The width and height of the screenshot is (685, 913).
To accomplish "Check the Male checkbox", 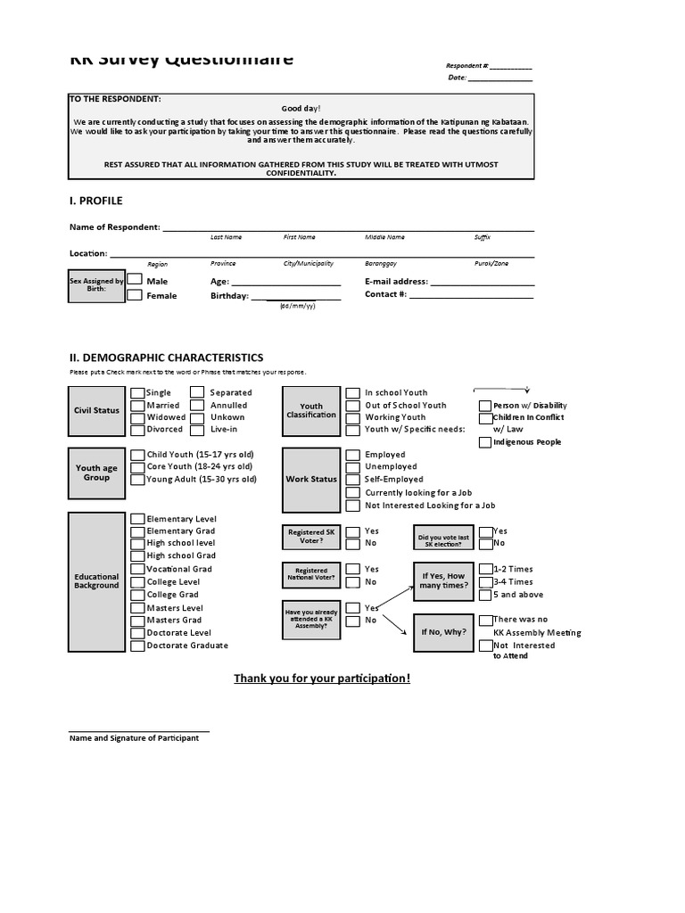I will pos(134,280).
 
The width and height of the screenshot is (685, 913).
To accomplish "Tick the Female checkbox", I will pos(134,295).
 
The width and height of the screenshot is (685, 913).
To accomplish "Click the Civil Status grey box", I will pos(96,410).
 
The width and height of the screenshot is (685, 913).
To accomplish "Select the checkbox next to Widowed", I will pos(137,416).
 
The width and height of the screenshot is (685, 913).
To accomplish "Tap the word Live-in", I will pos(224,430).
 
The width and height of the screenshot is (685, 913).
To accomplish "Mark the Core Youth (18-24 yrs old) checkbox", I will pos(137,466).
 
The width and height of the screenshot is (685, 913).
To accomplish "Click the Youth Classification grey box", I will pos(311,410).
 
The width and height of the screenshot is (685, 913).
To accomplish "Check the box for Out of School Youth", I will pos(354,405).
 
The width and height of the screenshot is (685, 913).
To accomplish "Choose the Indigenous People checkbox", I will pos(485,442).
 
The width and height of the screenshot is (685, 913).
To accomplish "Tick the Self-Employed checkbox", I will pos(354,479).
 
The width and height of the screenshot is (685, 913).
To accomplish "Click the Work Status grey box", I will pos(311,479).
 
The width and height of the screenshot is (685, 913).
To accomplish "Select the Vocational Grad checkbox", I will pos(137,569).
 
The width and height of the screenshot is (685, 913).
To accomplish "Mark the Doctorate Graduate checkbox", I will pos(137,645).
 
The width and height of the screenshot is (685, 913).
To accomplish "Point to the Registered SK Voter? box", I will pos(311,537).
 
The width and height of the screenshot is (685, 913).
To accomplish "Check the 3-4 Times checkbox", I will pos(485,581).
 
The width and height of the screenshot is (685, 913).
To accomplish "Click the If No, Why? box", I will pos(443,632).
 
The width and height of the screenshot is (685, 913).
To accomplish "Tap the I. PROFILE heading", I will pos(96,201).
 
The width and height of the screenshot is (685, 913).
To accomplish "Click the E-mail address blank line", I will pos(482,284).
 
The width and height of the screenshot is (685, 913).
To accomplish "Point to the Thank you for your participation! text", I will pos(322,679).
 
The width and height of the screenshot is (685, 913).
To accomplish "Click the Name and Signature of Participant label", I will pos(134,738).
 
